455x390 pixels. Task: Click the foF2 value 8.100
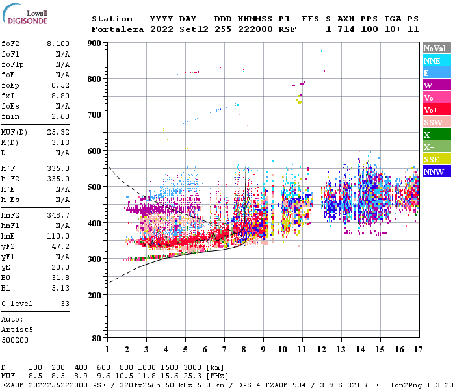click(x=58, y=44)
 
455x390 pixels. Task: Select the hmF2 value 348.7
click(x=58, y=214)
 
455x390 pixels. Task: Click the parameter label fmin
click(x=10, y=116)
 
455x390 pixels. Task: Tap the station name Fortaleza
click(x=115, y=29)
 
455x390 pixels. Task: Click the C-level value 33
click(x=64, y=304)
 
